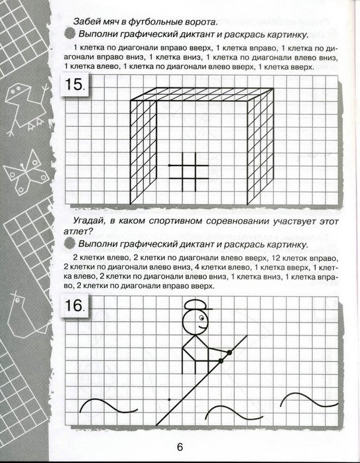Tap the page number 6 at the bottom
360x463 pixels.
pyautogui.click(x=180, y=446)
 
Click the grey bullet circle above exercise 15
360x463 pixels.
pyautogui.click(x=71, y=33)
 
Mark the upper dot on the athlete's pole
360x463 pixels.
pyautogui.click(x=230, y=352)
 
